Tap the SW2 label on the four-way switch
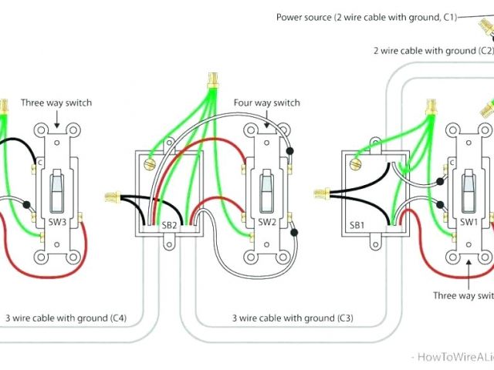coord(267,224)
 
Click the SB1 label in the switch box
coord(357,225)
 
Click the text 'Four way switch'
coord(266,103)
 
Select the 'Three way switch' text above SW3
coord(56,102)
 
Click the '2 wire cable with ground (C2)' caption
coord(433,50)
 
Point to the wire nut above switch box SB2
coord(211,79)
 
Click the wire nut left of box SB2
coord(111,197)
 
